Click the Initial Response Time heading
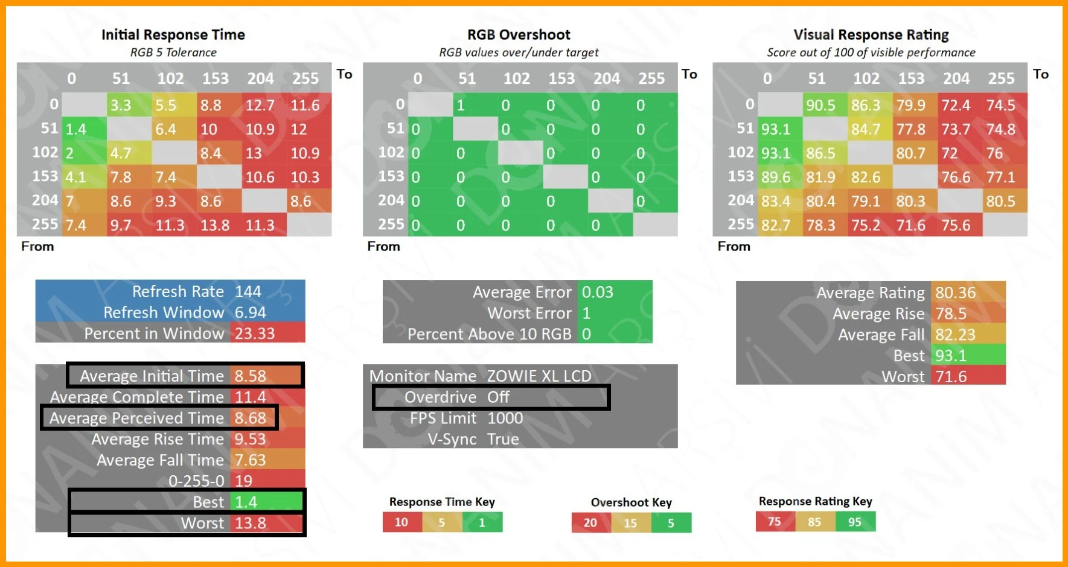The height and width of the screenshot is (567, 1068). [x=173, y=35]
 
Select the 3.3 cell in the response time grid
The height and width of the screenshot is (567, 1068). [x=121, y=105]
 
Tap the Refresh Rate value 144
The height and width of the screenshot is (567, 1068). [x=248, y=292]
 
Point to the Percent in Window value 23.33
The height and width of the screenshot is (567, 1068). [x=255, y=333]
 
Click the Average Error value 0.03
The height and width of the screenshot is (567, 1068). [x=598, y=292]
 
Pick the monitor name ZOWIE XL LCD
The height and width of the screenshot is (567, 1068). [x=539, y=376]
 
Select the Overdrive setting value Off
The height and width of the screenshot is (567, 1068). [x=499, y=397]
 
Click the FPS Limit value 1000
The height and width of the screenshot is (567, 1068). [x=505, y=418]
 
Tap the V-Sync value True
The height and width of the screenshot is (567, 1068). [x=503, y=439]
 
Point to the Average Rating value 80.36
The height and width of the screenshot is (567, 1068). [x=956, y=293]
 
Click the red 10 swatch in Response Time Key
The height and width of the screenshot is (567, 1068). [x=401, y=522]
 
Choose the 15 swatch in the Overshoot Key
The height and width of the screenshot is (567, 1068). [x=630, y=523]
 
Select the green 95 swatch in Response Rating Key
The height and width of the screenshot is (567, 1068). [x=855, y=522]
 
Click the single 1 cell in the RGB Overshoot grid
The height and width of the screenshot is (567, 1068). [x=461, y=105]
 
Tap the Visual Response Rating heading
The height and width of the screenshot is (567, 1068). [x=871, y=35]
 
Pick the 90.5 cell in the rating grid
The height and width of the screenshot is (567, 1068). [x=821, y=105]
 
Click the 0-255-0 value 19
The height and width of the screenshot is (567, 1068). [x=244, y=481]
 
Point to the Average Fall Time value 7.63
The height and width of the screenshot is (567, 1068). [x=251, y=460]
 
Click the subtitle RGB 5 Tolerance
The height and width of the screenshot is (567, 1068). [x=173, y=53]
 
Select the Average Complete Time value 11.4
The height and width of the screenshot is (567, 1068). [x=251, y=397]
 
